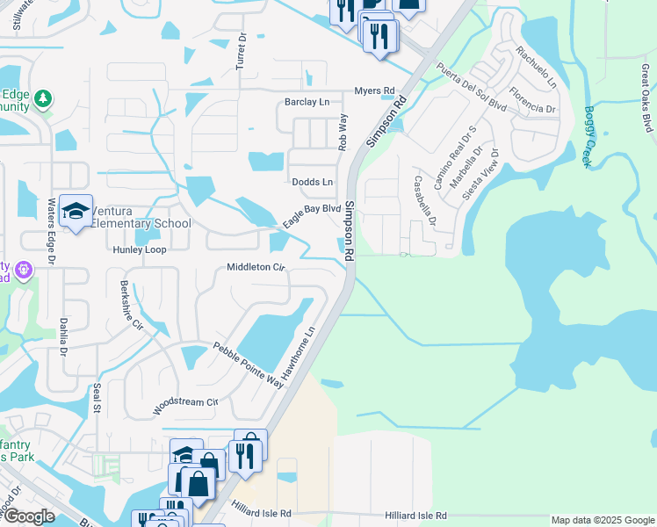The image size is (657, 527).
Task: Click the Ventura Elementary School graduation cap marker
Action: point(76,212)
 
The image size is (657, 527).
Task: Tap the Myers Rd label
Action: point(375,90)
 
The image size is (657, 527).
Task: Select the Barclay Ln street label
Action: point(307,103)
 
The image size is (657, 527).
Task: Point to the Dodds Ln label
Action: point(313,182)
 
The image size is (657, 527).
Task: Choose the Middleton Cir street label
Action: point(256,267)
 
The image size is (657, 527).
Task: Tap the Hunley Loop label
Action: point(140,249)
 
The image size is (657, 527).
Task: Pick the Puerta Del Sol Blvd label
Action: point(472,86)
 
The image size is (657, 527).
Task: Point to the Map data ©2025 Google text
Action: point(602,520)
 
